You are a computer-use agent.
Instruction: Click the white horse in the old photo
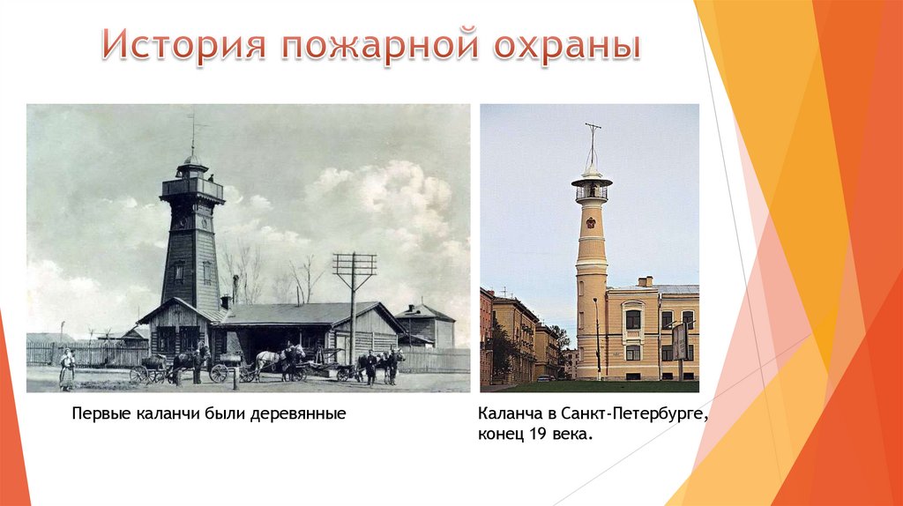(268, 359)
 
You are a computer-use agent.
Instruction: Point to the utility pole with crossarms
(354, 300)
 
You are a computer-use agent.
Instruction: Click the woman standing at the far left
(67, 368)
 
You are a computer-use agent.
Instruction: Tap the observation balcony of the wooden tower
(191, 188)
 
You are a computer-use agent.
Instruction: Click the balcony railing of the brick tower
(592, 192)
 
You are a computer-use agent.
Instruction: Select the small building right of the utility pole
(426, 325)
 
